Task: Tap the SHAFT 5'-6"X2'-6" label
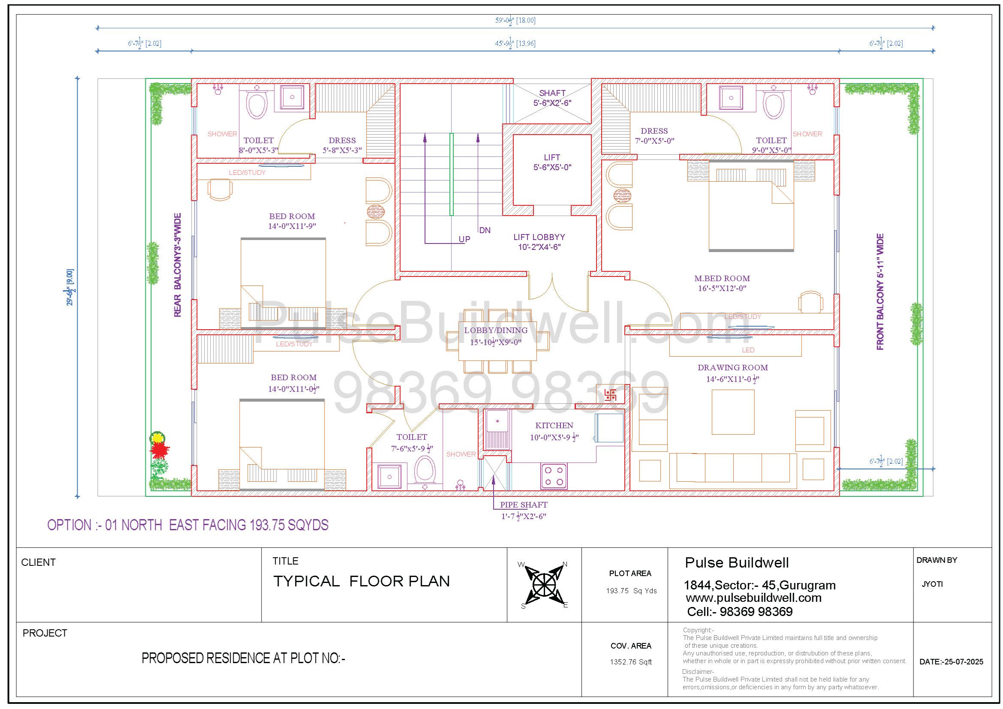click(552, 98)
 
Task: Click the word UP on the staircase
click(464, 239)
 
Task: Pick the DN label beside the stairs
click(485, 230)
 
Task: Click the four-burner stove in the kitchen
click(554, 476)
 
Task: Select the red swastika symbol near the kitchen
click(610, 396)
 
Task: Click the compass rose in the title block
click(544, 584)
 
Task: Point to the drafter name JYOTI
click(932, 584)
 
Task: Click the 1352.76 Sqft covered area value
click(631, 662)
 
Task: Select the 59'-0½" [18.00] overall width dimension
click(515, 20)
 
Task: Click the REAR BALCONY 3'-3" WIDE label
click(178, 265)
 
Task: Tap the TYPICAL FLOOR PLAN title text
click(361, 581)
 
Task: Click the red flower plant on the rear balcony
click(160, 450)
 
